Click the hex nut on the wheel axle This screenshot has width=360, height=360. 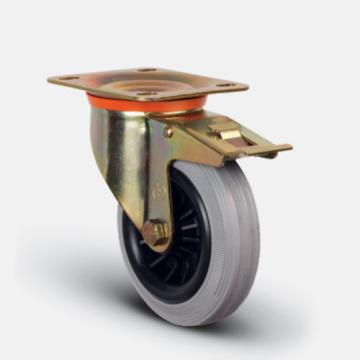point(155,233)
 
